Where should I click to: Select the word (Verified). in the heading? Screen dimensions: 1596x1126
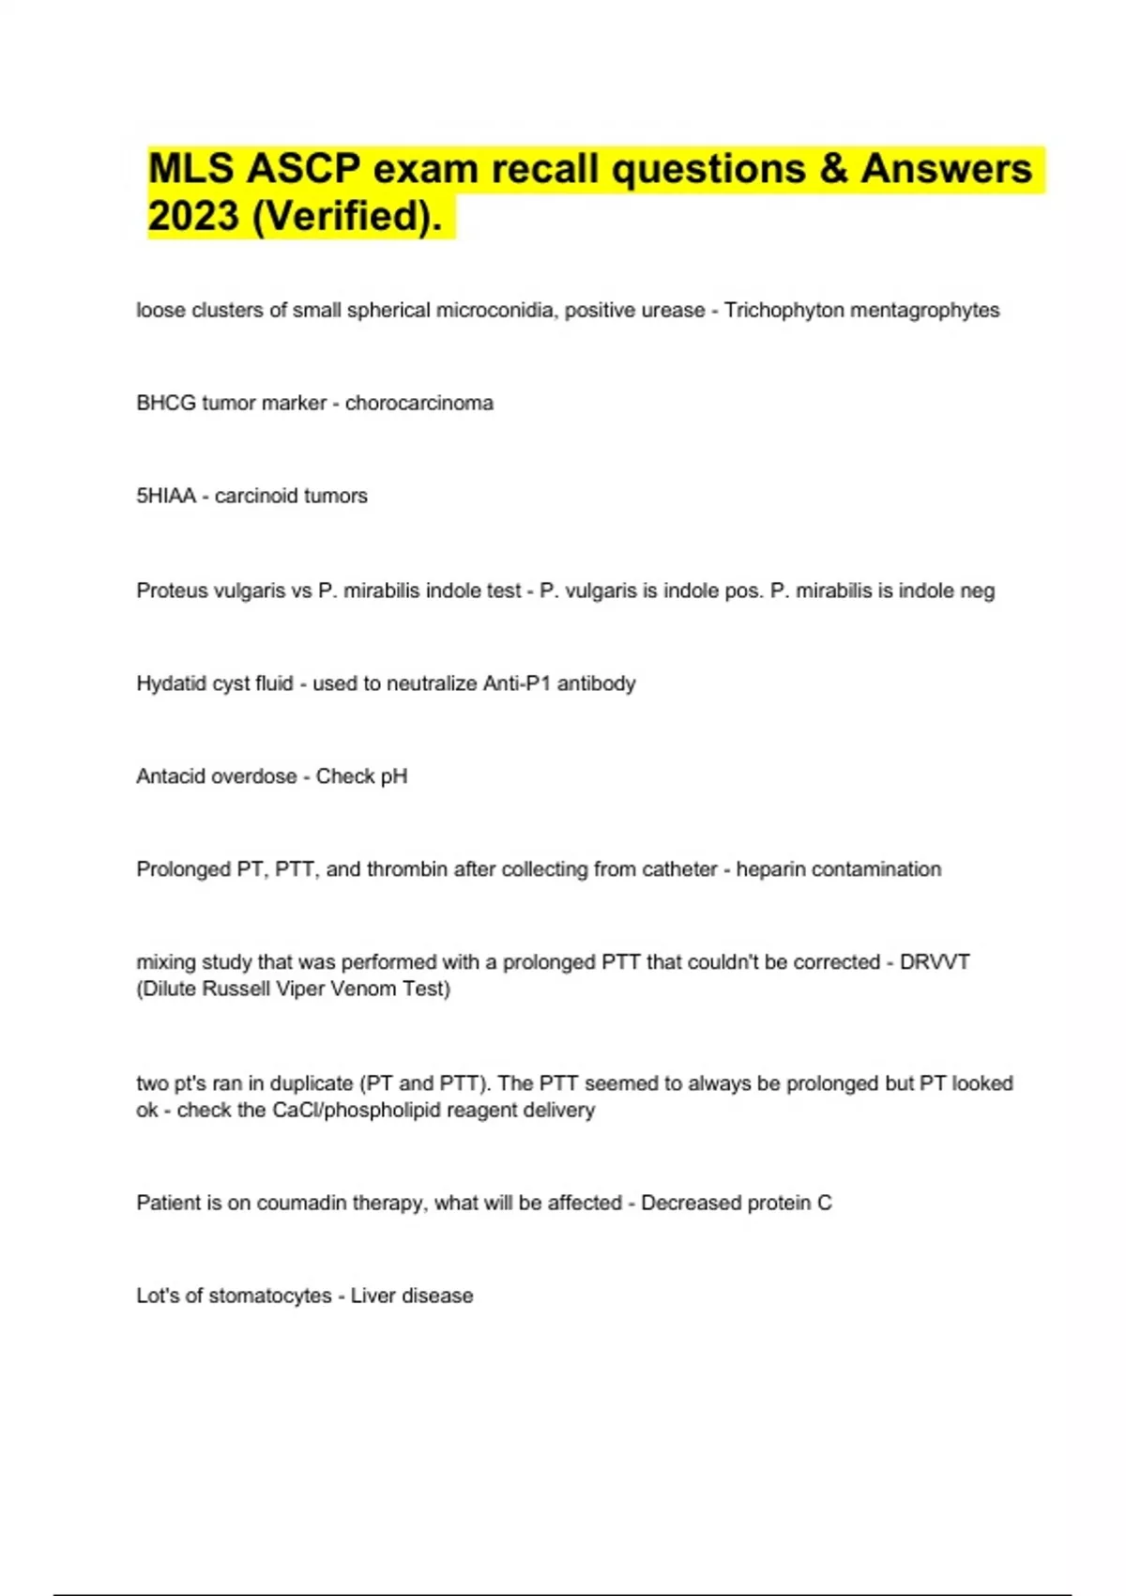tap(347, 216)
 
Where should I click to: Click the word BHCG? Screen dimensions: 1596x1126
tap(166, 403)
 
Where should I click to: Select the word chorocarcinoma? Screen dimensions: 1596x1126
tap(418, 403)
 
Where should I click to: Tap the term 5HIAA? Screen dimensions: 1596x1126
tap(166, 496)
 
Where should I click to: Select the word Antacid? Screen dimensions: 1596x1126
tap(170, 776)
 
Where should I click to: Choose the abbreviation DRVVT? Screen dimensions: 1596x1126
tap(935, 962)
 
